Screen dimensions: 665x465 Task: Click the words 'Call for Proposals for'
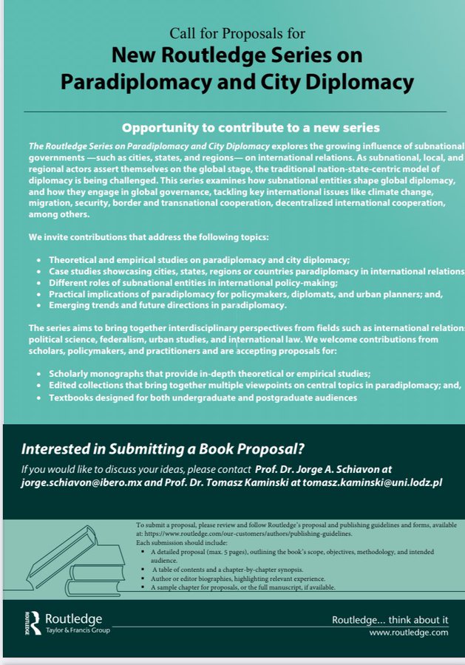237,34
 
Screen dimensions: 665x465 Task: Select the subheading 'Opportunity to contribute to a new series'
251,128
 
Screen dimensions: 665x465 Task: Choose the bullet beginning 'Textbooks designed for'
203,398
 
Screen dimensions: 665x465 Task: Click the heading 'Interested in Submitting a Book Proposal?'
163,449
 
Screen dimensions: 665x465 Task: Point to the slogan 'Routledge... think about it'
389,619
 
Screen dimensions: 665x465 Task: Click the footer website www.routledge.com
409,632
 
